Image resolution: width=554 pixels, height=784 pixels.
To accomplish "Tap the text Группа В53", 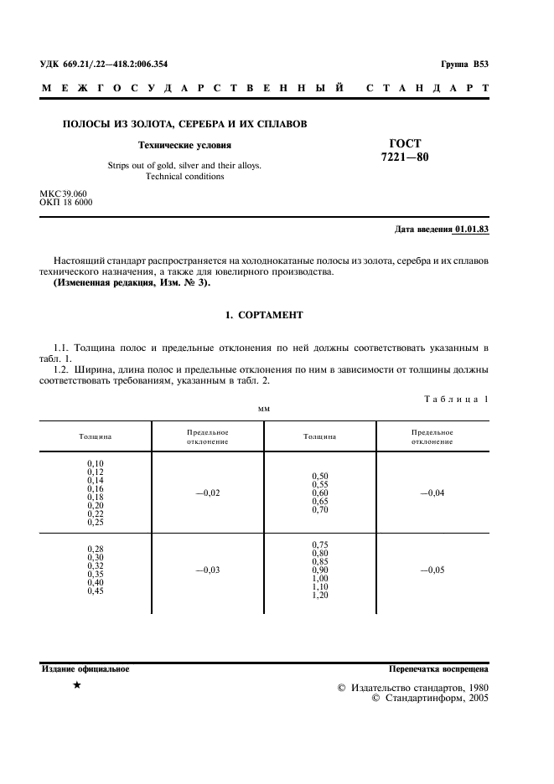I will coord(464,64).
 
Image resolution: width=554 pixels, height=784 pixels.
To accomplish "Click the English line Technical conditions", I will coord(184,177).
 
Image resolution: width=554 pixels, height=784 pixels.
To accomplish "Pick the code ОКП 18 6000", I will coord(66,203).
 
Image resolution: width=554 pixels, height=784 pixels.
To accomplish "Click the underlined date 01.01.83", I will coord(472,229).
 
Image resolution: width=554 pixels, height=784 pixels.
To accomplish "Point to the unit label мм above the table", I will coord(264,409).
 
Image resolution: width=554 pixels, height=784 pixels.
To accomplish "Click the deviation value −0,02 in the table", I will coord(207,493).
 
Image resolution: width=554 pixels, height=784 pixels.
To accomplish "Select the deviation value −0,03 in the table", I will coord(207,570).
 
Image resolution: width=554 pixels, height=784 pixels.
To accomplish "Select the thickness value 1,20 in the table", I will coord(319,596).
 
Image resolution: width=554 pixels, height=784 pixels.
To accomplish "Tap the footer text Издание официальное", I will coord(85,669).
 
